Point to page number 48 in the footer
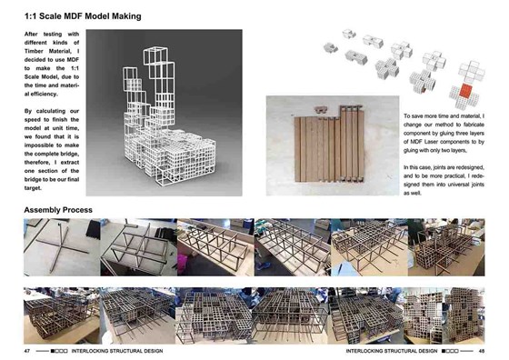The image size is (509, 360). [x=481, y=350]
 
